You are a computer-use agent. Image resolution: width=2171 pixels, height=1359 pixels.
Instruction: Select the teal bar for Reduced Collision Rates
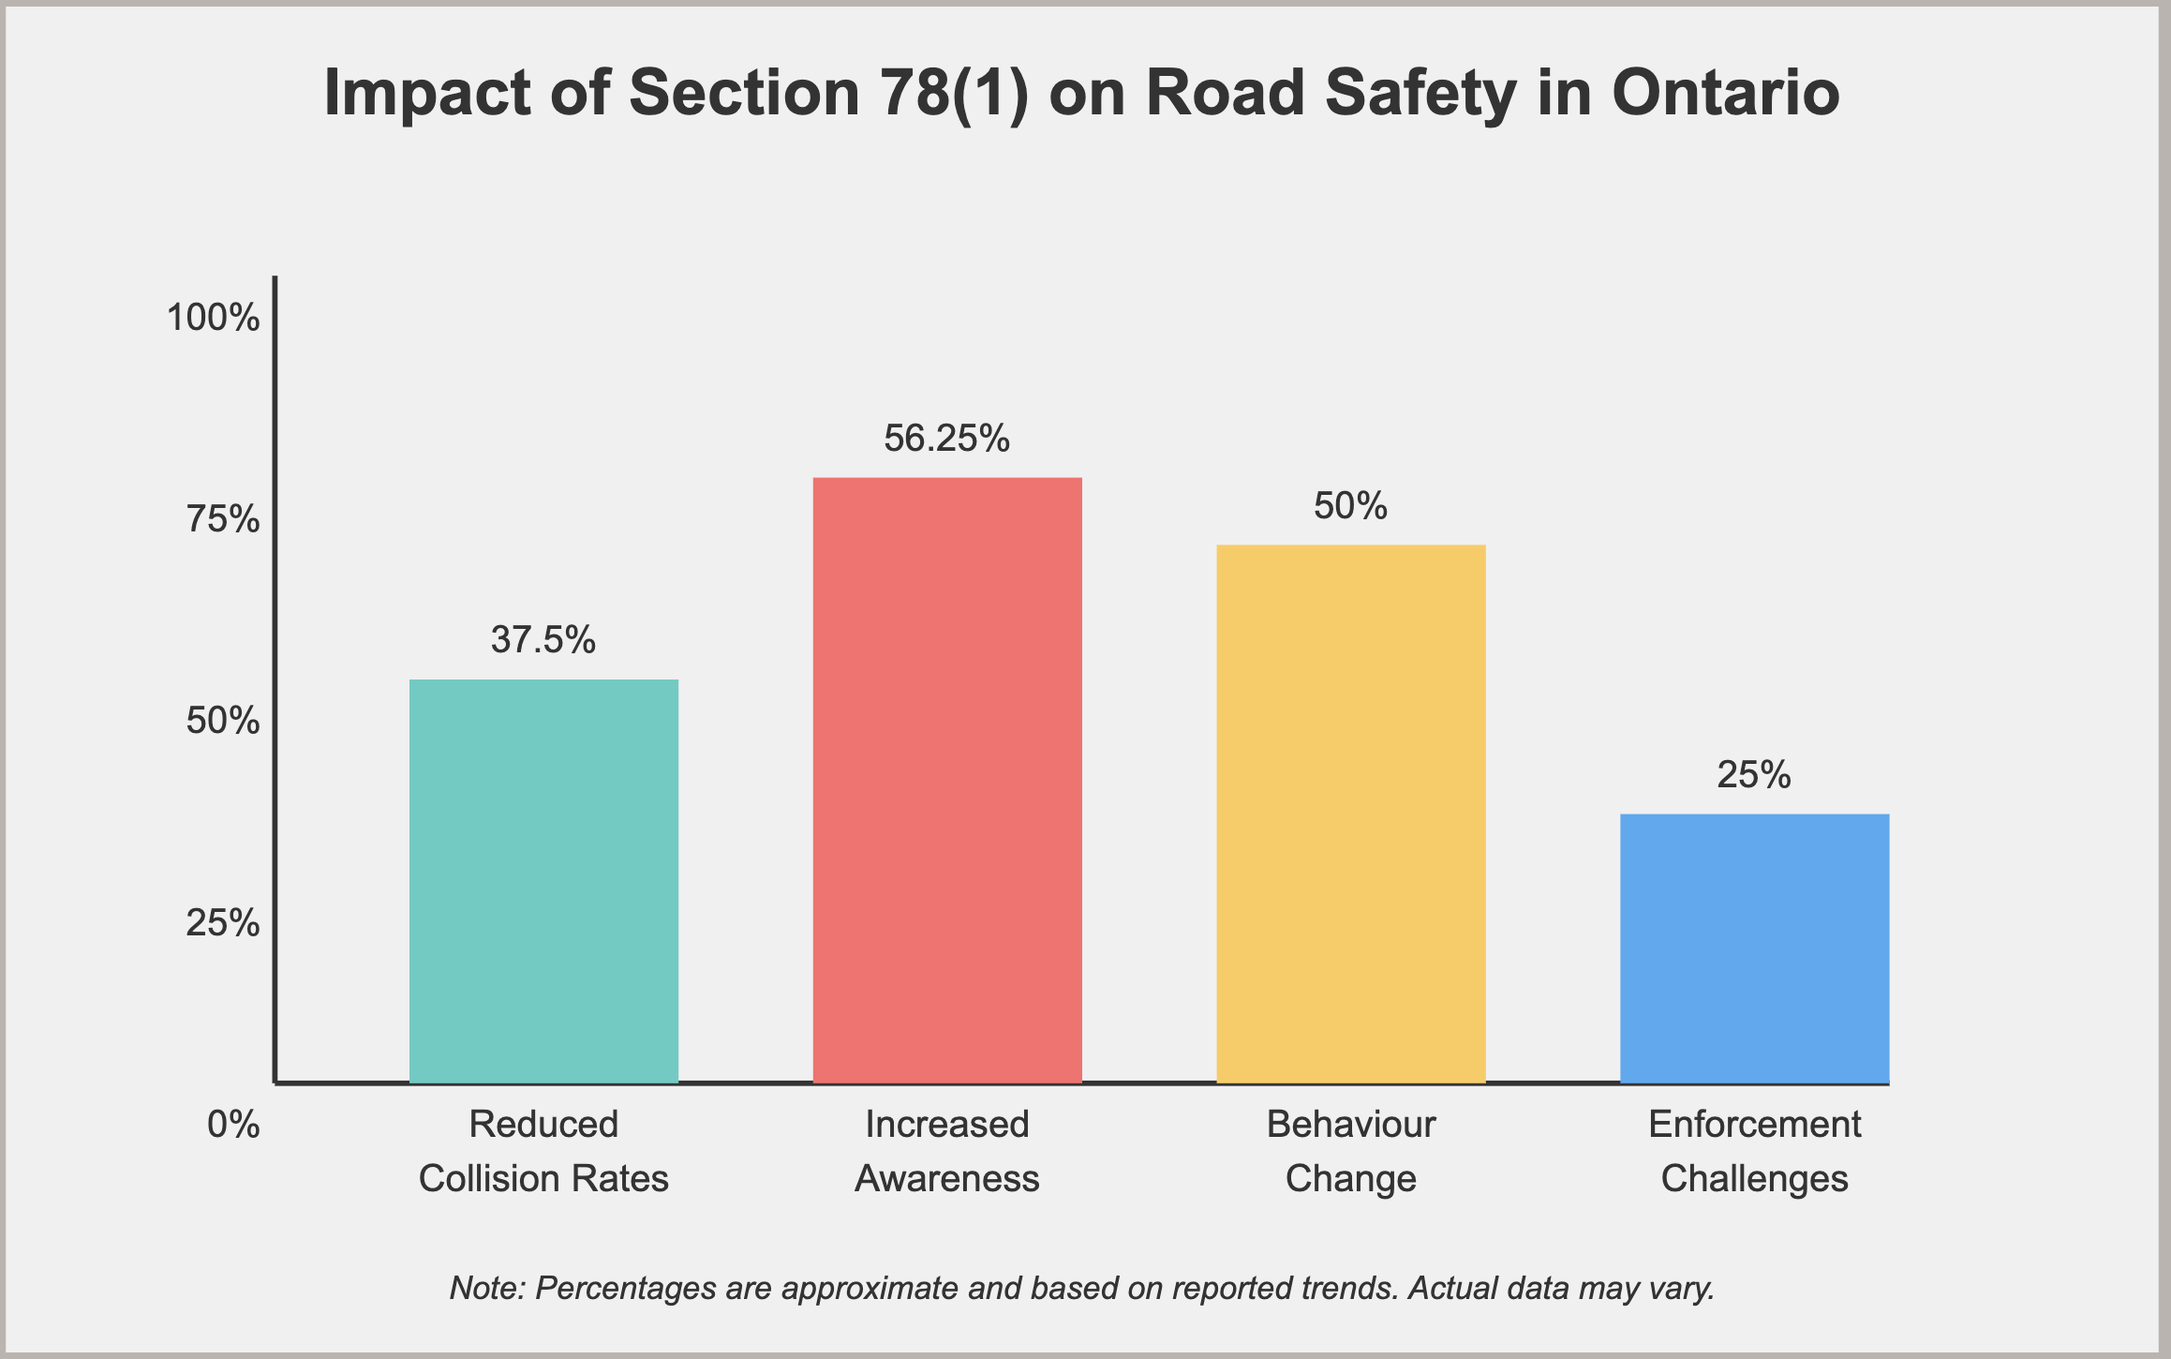(543, 881)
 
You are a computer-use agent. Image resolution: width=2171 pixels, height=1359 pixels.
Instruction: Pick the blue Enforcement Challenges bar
(1754, 948)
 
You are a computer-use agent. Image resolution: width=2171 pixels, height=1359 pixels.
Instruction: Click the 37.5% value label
(543, 640)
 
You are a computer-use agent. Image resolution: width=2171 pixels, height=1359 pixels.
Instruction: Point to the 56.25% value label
(947, 439)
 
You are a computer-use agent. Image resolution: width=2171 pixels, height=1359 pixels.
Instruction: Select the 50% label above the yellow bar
(1350, 506)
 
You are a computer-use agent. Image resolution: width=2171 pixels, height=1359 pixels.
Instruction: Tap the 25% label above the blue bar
(1754, 775)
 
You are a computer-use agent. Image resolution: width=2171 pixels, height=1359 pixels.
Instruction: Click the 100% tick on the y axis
(213, 318)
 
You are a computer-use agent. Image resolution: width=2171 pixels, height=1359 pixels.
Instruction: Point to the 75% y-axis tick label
(223, 519)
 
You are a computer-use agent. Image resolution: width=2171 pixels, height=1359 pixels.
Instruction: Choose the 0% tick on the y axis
(233, 1124)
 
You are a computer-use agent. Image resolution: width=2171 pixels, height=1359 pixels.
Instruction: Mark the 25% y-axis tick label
(223, 923)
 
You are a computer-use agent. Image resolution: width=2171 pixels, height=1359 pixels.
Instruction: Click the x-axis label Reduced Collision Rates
(543, 1151)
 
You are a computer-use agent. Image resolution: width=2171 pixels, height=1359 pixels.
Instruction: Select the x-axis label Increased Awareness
(947, 1151)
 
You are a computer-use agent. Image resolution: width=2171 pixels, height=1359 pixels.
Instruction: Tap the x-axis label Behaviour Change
(1350, 1151)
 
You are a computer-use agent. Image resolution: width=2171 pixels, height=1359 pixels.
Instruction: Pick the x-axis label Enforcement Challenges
(1754, 1151)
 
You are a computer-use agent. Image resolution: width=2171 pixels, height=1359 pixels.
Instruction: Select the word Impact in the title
(427, 93)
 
